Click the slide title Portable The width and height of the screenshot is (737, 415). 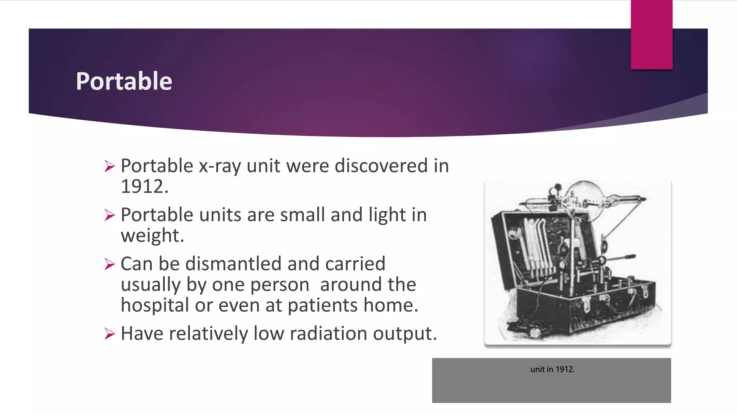pos(124,81)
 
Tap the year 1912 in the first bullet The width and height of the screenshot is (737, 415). pos(144,187)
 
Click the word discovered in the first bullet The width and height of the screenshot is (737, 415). pos(381,166)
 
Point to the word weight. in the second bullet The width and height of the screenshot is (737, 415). pos(152,236)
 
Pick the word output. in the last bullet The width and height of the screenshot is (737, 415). pos(405,334)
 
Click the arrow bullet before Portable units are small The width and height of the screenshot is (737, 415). pos(109,215)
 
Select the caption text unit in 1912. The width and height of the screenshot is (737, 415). pos(552,369)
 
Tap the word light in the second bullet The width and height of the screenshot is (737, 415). pos(387,215)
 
